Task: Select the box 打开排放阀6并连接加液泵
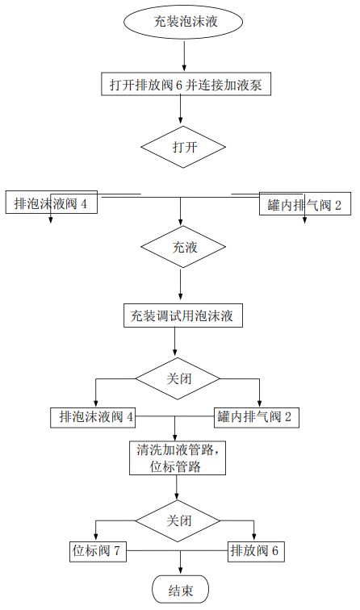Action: pyautogui.click(x=185, y=84)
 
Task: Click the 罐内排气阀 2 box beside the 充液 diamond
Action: pyautogui.click(x=304, y=204)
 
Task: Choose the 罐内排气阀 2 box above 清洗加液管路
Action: pyautogui.click(x=259, y=417)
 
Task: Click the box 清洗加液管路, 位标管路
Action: pyautogui.click(x=176, y=458)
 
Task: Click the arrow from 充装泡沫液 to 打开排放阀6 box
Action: pyautogui.click(x=185, y=54)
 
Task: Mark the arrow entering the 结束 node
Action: pyautogui.click(x=179, y=563)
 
